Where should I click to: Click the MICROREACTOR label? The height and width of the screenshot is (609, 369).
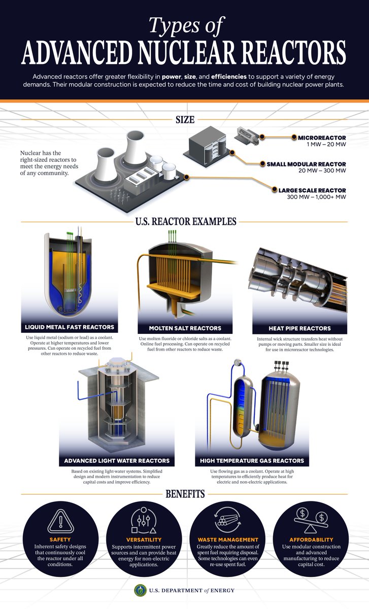click(322, 138)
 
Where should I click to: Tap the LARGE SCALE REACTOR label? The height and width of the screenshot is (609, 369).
click(312, 190)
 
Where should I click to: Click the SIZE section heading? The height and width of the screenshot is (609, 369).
click(184, 120)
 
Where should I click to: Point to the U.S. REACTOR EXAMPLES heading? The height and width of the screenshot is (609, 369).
click(184, 222)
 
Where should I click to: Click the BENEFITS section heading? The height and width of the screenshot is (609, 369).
click(184, 493)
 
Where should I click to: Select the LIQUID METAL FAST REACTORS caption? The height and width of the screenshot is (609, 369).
click(70, 326)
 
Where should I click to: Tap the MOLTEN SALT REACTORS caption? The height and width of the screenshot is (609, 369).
click(185, 328)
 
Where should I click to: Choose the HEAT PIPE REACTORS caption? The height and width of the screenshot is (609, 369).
click(299, 328)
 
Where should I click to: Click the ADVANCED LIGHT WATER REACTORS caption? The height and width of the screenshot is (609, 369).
click(117, 461)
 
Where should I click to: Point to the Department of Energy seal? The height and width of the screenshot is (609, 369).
click(140, 590)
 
